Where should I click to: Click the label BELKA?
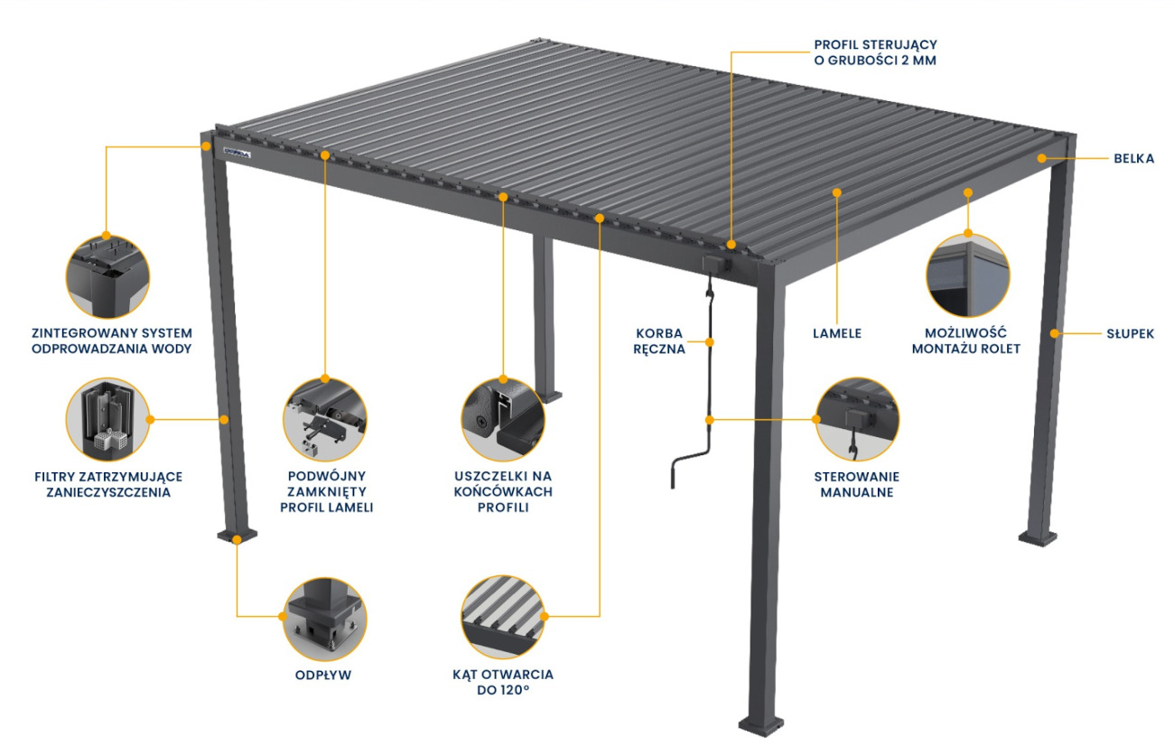click(1133, 159)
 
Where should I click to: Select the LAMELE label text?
click(837, 333)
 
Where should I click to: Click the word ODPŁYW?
click(325, 675)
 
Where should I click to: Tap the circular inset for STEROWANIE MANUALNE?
click(857, 420)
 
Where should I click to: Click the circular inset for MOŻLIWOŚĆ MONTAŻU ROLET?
click(967, 275)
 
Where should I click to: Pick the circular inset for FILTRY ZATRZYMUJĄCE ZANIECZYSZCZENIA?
click(107, 420)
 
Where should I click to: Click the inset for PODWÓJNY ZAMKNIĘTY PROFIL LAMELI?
click(325, 420)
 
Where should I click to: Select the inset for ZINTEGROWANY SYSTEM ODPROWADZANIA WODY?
click(107, 276)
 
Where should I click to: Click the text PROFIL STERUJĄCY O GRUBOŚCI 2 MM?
click(875, 51)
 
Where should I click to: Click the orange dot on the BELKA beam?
click(1041, 158)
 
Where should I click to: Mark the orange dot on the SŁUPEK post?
click(1053, 334)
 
